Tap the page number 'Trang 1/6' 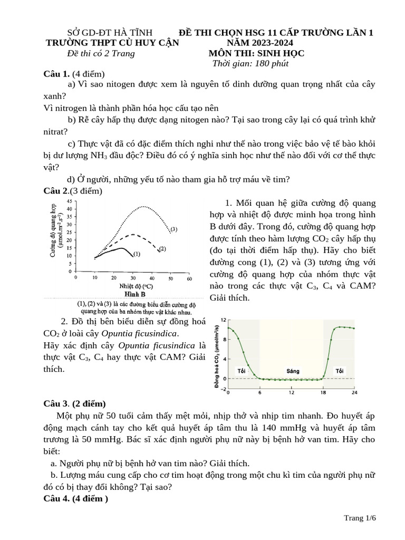click(360, 518)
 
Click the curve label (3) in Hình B click(173, 229)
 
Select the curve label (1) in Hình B click(136, 254)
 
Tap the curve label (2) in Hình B click(162, 248)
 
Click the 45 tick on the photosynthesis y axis click(69, 201)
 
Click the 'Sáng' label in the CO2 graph click(293, 371)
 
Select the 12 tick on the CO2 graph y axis click(223, 320)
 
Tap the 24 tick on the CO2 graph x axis click(354, 393)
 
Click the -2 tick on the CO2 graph click(223, 389)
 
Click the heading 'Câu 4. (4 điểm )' click(75, 498)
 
